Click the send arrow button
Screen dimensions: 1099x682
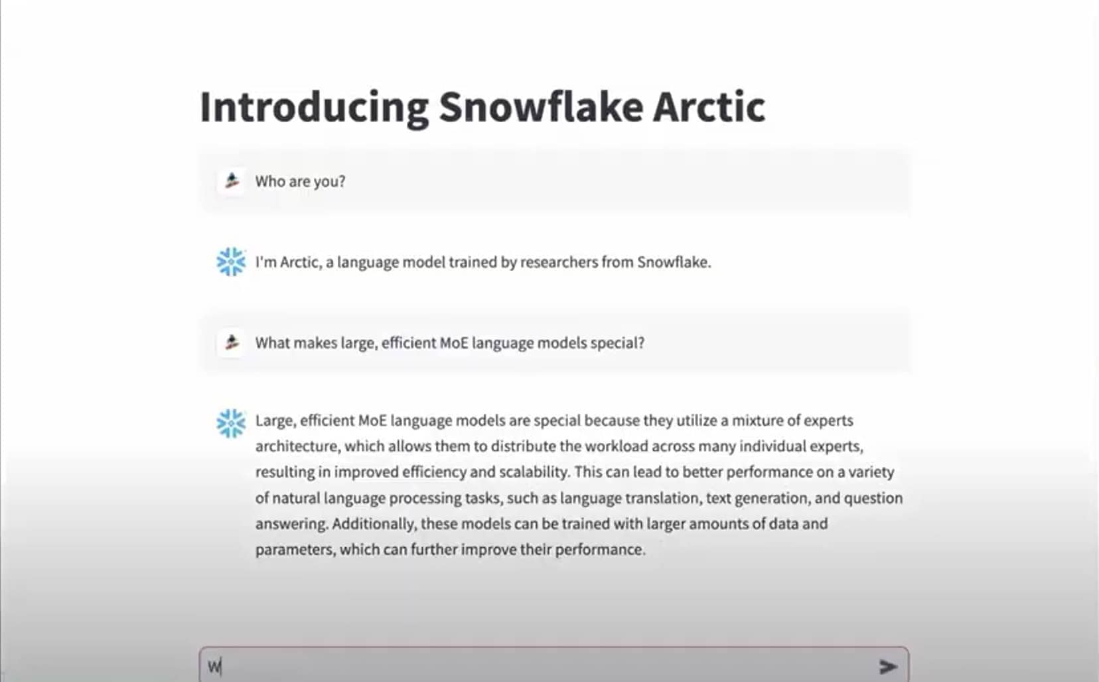[x=888, y=666]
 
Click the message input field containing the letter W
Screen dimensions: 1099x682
[x=554, y=665]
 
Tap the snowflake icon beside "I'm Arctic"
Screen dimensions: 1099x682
[x=231, y=262]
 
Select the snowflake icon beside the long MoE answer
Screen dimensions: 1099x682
[x=231, y=423]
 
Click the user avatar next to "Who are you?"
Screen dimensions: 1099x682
[x=231, y=181]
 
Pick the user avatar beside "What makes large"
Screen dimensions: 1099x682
[x=231, y=343]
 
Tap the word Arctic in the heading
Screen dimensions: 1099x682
[x=709, y=107]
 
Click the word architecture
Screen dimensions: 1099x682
[x=297, y=446]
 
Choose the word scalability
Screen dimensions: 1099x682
[x=534, y=472]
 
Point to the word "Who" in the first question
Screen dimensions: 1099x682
[x=270, y=182]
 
